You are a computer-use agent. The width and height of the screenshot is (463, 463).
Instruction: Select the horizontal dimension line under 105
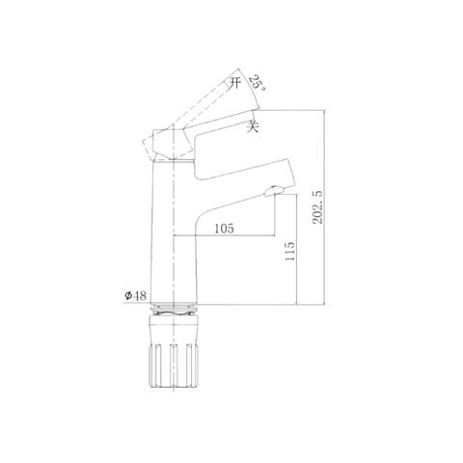point(225,236)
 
